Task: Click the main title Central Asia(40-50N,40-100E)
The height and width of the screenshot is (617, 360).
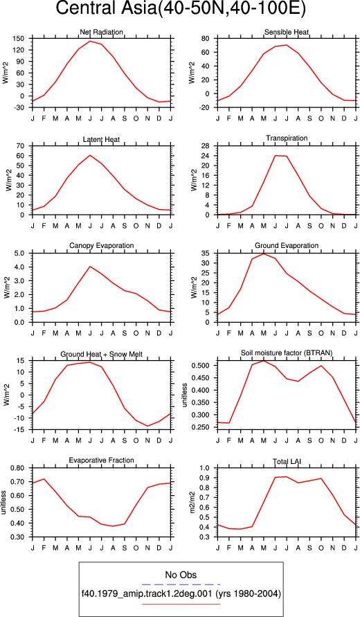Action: click(181, 9)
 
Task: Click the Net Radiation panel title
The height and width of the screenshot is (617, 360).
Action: click(101, 32)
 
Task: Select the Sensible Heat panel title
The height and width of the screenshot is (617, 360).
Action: click(287, 32)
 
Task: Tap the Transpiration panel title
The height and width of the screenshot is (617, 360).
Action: click(287, 138)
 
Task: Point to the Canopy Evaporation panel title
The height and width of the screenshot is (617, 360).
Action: click(102, 246)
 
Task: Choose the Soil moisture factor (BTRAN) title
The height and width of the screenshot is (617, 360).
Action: click(287, 353)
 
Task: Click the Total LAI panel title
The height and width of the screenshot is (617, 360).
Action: click(287, 460)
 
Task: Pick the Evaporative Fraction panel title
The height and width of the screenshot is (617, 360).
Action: click(101, 460)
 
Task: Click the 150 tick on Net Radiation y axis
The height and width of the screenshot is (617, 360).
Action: click(20, 39)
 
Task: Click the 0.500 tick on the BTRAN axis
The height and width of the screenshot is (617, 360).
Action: click(203, 366)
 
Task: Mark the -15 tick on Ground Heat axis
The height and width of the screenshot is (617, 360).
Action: click(20, 430)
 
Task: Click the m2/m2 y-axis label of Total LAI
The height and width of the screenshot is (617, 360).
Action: click(192, 503)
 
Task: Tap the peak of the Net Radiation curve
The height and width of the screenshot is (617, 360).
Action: click(90, 41)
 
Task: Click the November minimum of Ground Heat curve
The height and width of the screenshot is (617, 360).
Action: click(147, 426)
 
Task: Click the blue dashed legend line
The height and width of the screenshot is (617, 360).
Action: click(181, 584)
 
